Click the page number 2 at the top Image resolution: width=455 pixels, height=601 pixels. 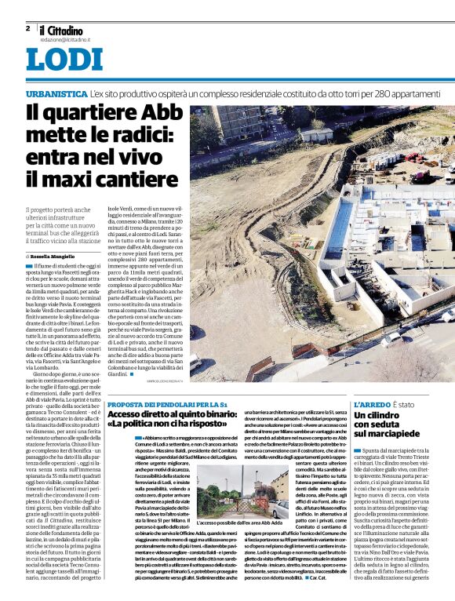pos(27,27)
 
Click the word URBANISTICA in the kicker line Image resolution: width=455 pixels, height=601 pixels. pos(55,93)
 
